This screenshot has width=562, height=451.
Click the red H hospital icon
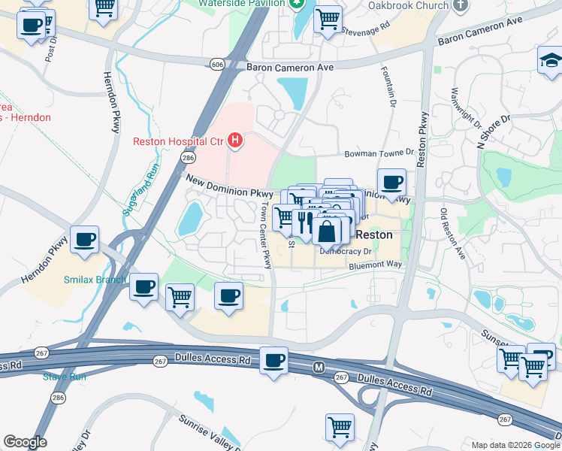coord(236,141)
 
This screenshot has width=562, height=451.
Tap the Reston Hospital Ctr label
coord(179,141)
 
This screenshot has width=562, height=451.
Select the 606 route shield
coord(217,65)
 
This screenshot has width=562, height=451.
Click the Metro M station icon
coord(318,368)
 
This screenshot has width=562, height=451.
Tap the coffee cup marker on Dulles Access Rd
coord(274,361)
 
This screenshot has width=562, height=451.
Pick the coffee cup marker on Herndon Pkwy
coord(85,240)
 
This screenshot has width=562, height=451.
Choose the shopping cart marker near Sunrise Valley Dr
coord(340,427)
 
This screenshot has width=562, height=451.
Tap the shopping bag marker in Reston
coord(327,231)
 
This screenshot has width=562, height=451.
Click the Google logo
coord(25,442)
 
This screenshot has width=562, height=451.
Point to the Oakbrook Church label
coord(409,5)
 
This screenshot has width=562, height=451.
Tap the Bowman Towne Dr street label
coord(379,153)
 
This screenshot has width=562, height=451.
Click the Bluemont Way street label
coord(376,265)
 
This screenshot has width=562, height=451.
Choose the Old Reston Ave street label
coord(454,234)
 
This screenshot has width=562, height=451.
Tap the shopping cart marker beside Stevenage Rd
coord(328,20)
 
